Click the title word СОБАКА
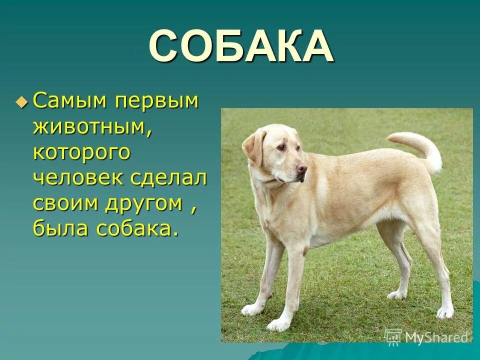241,47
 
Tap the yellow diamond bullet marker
21,102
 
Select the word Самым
70,102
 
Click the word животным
92,127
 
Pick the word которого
82,152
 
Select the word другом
149,204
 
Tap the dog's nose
302,169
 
